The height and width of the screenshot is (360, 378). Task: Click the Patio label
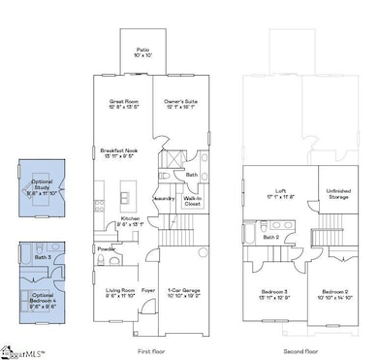click(x=142, y=50)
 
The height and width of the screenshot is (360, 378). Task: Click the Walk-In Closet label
click(x=192, y=201)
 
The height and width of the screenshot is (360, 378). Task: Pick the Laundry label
click(x=164, y=198)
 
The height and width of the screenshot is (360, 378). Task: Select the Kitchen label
click(x=131, y=221)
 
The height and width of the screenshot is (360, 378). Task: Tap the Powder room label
click(x=107, y=248)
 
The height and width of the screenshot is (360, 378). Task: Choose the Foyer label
click(x=148, y=289)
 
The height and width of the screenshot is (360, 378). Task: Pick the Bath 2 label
click(x=272, y=236)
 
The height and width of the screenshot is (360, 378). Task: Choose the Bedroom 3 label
click(x=274, y=292)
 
